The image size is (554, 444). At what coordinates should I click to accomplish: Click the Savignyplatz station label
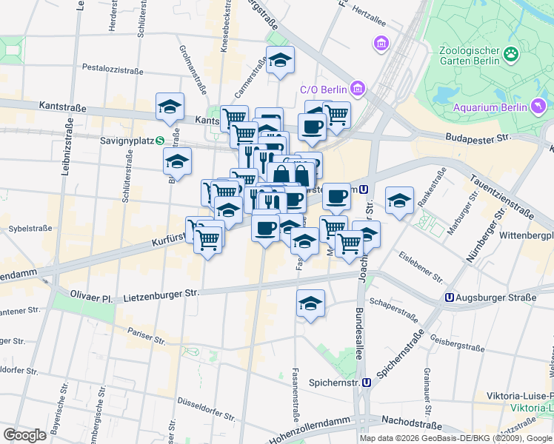click(127, 139)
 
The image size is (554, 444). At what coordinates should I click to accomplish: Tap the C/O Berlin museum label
click(324, 90)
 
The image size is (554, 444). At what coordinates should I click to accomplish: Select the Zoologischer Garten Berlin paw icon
click(511, 53)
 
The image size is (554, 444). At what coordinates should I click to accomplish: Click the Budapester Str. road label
click(478, 138)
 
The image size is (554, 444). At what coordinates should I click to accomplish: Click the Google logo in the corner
click(24, 434)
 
